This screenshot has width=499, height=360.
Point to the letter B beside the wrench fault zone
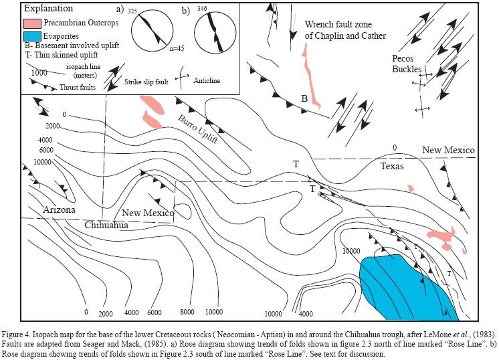304,99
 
